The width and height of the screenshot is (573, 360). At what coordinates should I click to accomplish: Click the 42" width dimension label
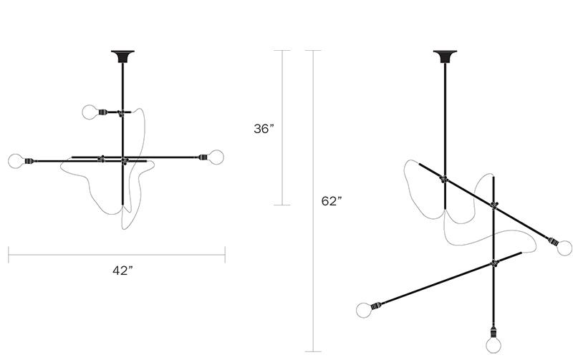click(122, 271)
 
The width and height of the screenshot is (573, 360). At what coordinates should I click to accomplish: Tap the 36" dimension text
click(264, 129)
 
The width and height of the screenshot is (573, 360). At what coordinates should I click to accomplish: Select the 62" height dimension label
click(331, 201)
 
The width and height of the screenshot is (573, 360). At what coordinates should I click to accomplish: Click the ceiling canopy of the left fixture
click(123, 55)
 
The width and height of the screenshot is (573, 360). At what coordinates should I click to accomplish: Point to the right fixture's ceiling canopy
click(444, 55)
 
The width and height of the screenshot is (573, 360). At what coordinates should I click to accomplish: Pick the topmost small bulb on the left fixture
click(89, 112)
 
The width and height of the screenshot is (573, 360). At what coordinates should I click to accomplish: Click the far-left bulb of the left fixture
click(15, 160)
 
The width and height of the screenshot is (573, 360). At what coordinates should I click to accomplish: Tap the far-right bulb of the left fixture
click(216, 156)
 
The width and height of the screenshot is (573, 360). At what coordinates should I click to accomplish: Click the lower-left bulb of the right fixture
click(365, 310)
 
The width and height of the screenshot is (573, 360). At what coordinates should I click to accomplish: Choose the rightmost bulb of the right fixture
click(564, 248)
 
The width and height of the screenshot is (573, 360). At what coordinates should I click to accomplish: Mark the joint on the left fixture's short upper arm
click(122, 112)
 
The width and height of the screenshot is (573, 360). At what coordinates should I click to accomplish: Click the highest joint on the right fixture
click(445, 178)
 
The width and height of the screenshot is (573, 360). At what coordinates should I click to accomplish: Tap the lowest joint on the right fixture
click(493, 263)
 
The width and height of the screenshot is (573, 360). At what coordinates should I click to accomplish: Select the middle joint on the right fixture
click(493, 205)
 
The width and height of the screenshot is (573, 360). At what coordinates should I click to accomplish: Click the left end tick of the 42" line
click(9, 254)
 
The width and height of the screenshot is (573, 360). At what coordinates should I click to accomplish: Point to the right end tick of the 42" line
click(226, 254)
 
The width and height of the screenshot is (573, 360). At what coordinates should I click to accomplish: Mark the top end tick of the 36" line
click(281, 50)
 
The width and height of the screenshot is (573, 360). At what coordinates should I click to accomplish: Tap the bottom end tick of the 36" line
click(281, 205)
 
